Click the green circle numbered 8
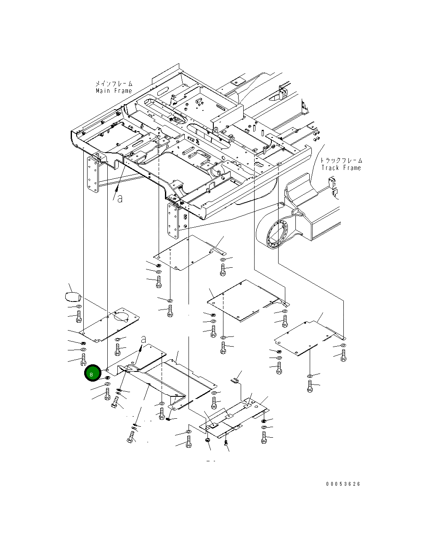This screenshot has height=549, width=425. click(92, 373)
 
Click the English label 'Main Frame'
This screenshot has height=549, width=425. click(114, 91)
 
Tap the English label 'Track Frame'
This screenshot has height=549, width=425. click(341, 168)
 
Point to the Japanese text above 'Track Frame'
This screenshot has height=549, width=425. click(341, 161)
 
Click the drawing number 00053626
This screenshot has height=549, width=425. click(343, 484)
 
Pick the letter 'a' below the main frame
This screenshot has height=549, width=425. click(120, 198)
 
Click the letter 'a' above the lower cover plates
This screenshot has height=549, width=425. click(143, 339)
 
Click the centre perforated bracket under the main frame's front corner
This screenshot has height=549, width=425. click(173, 221)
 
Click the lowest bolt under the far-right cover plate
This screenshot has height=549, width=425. click(310, 386)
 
